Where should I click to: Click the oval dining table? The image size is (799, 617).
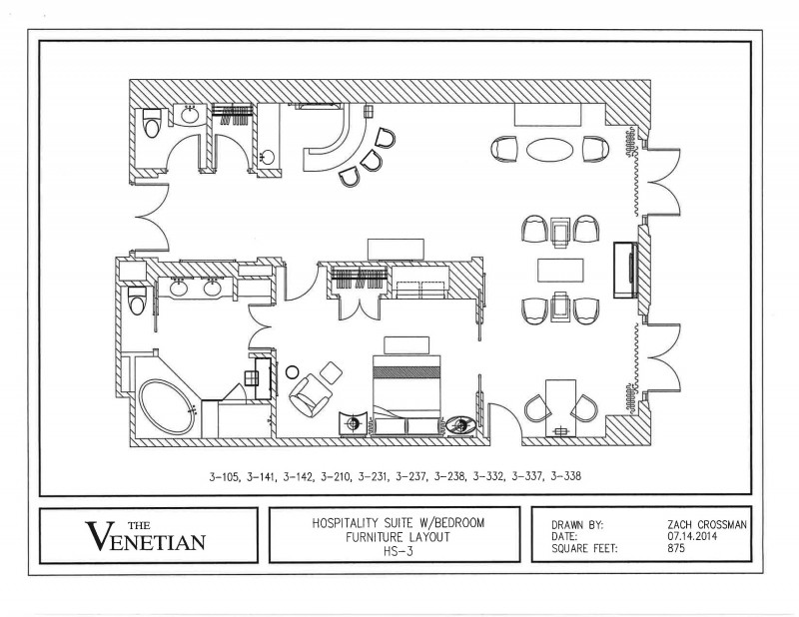[550, 150]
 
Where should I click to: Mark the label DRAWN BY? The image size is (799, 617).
[577, 523]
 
